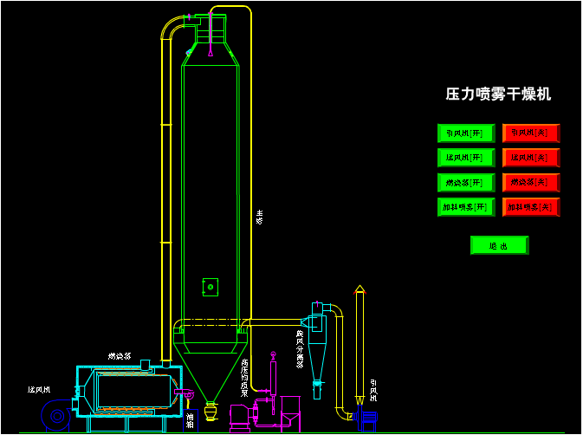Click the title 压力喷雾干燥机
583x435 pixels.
(498, 94)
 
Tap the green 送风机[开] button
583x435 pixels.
(466, 158)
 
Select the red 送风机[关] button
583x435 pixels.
(531, 158)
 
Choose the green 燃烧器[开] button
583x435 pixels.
(466, 183)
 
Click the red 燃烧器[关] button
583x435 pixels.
(531, 183)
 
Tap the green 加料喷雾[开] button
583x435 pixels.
(466, 207)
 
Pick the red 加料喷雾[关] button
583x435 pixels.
(531, 207)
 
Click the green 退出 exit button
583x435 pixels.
(499, 245)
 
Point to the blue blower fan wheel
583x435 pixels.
(57, 416)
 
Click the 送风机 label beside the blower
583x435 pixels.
(40, 390)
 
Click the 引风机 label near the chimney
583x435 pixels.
(374, 391)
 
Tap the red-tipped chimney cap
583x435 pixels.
(360, 289)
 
